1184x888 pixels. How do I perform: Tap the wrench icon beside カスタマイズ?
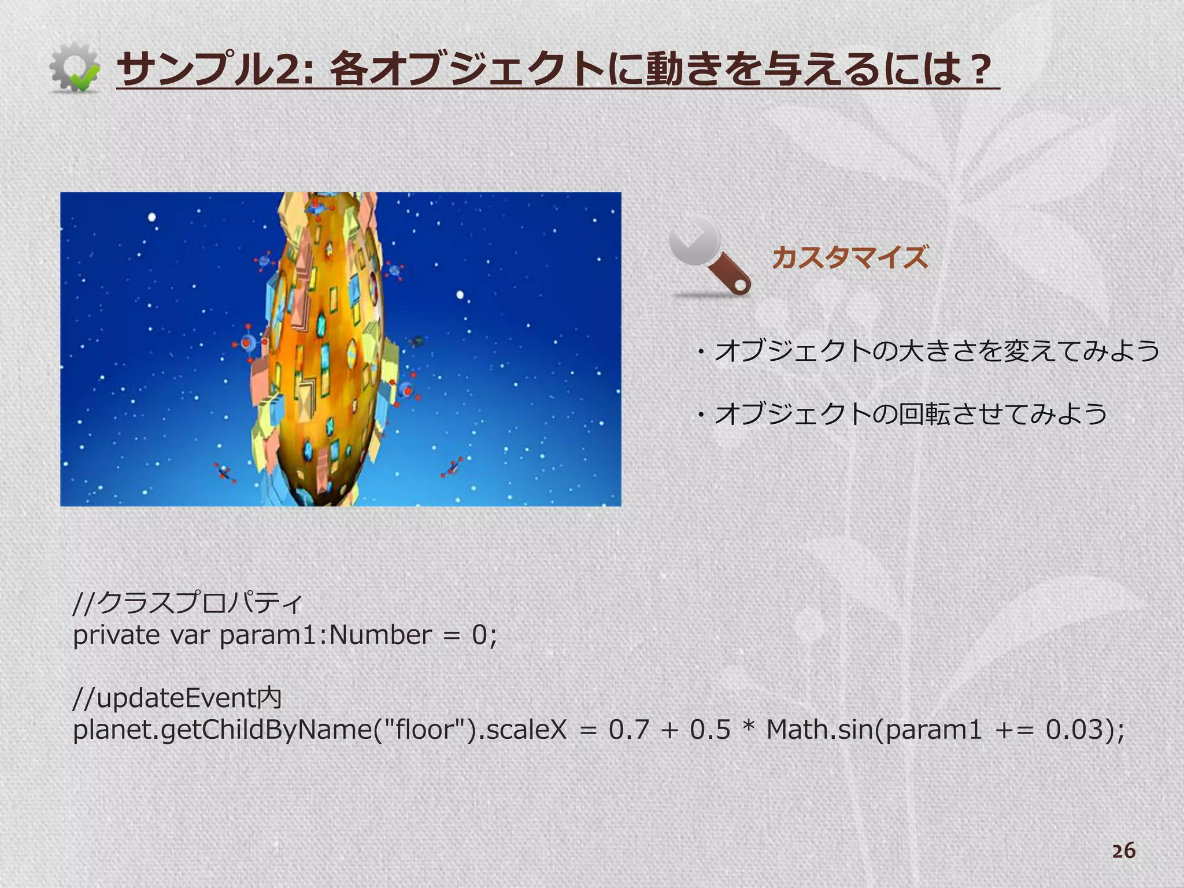tap(710, 257)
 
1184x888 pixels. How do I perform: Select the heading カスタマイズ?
tap(850, 257)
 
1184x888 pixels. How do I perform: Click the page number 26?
tap(1123, 851)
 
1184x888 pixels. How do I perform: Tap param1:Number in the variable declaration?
tap(325, 635)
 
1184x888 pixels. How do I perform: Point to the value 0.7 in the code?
tap(629, 730)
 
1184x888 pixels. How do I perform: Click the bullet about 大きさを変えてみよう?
tap(931, 351)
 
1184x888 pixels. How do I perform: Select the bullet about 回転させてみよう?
tap(905, 414)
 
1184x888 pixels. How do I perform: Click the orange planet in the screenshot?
tap(324, 347)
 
